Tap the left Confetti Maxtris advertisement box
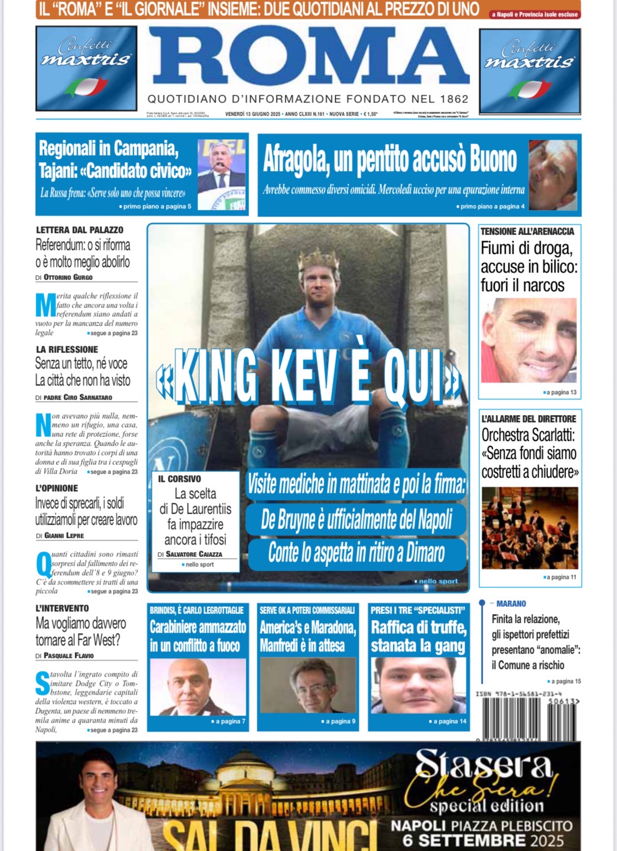pos(86,69)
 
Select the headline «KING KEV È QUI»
pos(309,377)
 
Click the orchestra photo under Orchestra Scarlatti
pos(529,527)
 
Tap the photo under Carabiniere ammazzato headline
pos(198,687)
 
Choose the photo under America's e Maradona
pos(308,685)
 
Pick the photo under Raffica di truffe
pos(418,685)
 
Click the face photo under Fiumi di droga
pos(529,340)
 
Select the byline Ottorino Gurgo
pos(68,277)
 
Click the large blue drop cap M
pos(46,305)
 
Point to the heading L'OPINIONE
pos(57,488)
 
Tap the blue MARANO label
pos(511,604)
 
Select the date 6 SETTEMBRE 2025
pos(483,840)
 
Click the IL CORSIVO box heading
pos(179,479)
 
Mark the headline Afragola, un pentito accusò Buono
pos(390,160)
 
